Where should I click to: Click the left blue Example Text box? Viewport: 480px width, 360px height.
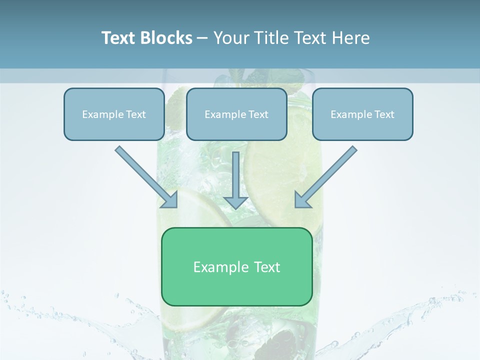click(114, 114)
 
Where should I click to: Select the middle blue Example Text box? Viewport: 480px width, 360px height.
click(236, 114)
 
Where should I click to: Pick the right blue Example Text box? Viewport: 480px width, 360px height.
click(362, 114)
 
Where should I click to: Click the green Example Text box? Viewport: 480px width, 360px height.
click(236, 267)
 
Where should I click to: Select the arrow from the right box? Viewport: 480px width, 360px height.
click(327, 175)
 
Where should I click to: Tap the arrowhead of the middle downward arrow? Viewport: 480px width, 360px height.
click(236, 202)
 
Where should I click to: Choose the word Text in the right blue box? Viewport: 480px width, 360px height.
click(384, 114)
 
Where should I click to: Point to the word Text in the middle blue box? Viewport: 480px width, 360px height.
click(258, 114)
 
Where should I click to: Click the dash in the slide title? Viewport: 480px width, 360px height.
click(202, 38)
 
